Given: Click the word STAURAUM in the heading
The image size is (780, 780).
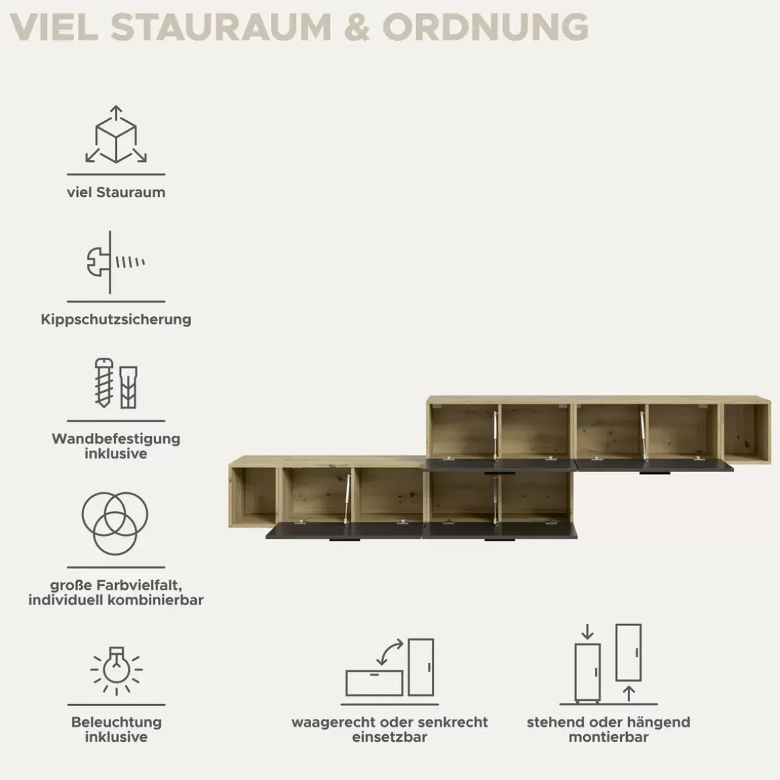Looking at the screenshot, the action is tap(221, 27).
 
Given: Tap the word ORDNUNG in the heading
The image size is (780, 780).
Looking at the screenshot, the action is tap(485, 27).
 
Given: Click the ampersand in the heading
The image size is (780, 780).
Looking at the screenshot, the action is tap(356, 27).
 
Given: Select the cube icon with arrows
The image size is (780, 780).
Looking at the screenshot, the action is tap(116, 134).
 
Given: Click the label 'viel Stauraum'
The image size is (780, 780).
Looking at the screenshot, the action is tap(116, 192).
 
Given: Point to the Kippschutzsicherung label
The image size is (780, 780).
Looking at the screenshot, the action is tap(116, 319).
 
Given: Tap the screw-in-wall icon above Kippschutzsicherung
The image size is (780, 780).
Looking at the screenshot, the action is tap(116, 262).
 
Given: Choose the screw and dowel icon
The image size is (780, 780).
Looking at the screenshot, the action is tap(116, 383).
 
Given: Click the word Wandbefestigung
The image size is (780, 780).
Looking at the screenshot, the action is tap(116, 438).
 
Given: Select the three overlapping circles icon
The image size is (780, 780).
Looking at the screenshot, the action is tap(115, 523).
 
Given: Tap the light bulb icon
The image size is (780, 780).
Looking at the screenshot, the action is tap(116, 670).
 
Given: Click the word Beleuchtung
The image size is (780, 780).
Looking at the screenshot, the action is tap(116, 721).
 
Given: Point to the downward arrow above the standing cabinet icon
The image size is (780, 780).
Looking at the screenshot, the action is tap(588, 632).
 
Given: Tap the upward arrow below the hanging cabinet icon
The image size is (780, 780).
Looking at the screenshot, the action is tap(629, 693).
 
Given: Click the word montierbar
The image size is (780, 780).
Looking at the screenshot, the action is tap(609, 737).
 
